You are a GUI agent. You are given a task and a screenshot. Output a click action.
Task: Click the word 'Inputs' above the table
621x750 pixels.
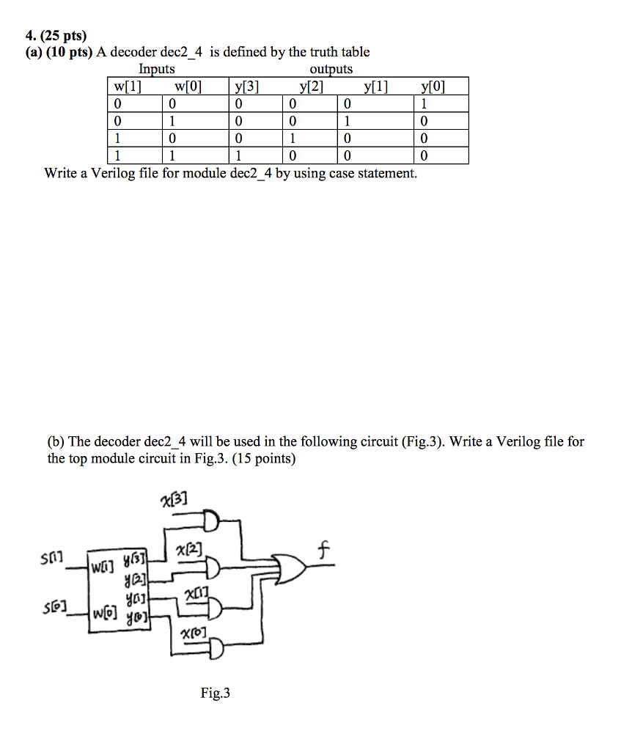click(x=157, y=70)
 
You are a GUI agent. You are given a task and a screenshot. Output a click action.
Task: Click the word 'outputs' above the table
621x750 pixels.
click(x=331, y=70)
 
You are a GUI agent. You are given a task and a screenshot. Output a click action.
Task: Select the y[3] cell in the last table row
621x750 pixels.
click(x=239, y=155)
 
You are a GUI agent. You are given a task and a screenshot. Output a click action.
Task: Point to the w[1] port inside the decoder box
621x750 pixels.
click(x=101, y=567)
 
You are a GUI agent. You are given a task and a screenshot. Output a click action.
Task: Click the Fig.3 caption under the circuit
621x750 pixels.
click(x=215, y=693)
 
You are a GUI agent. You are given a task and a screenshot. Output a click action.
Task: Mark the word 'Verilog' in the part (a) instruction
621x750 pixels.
click(x=110, y=174)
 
